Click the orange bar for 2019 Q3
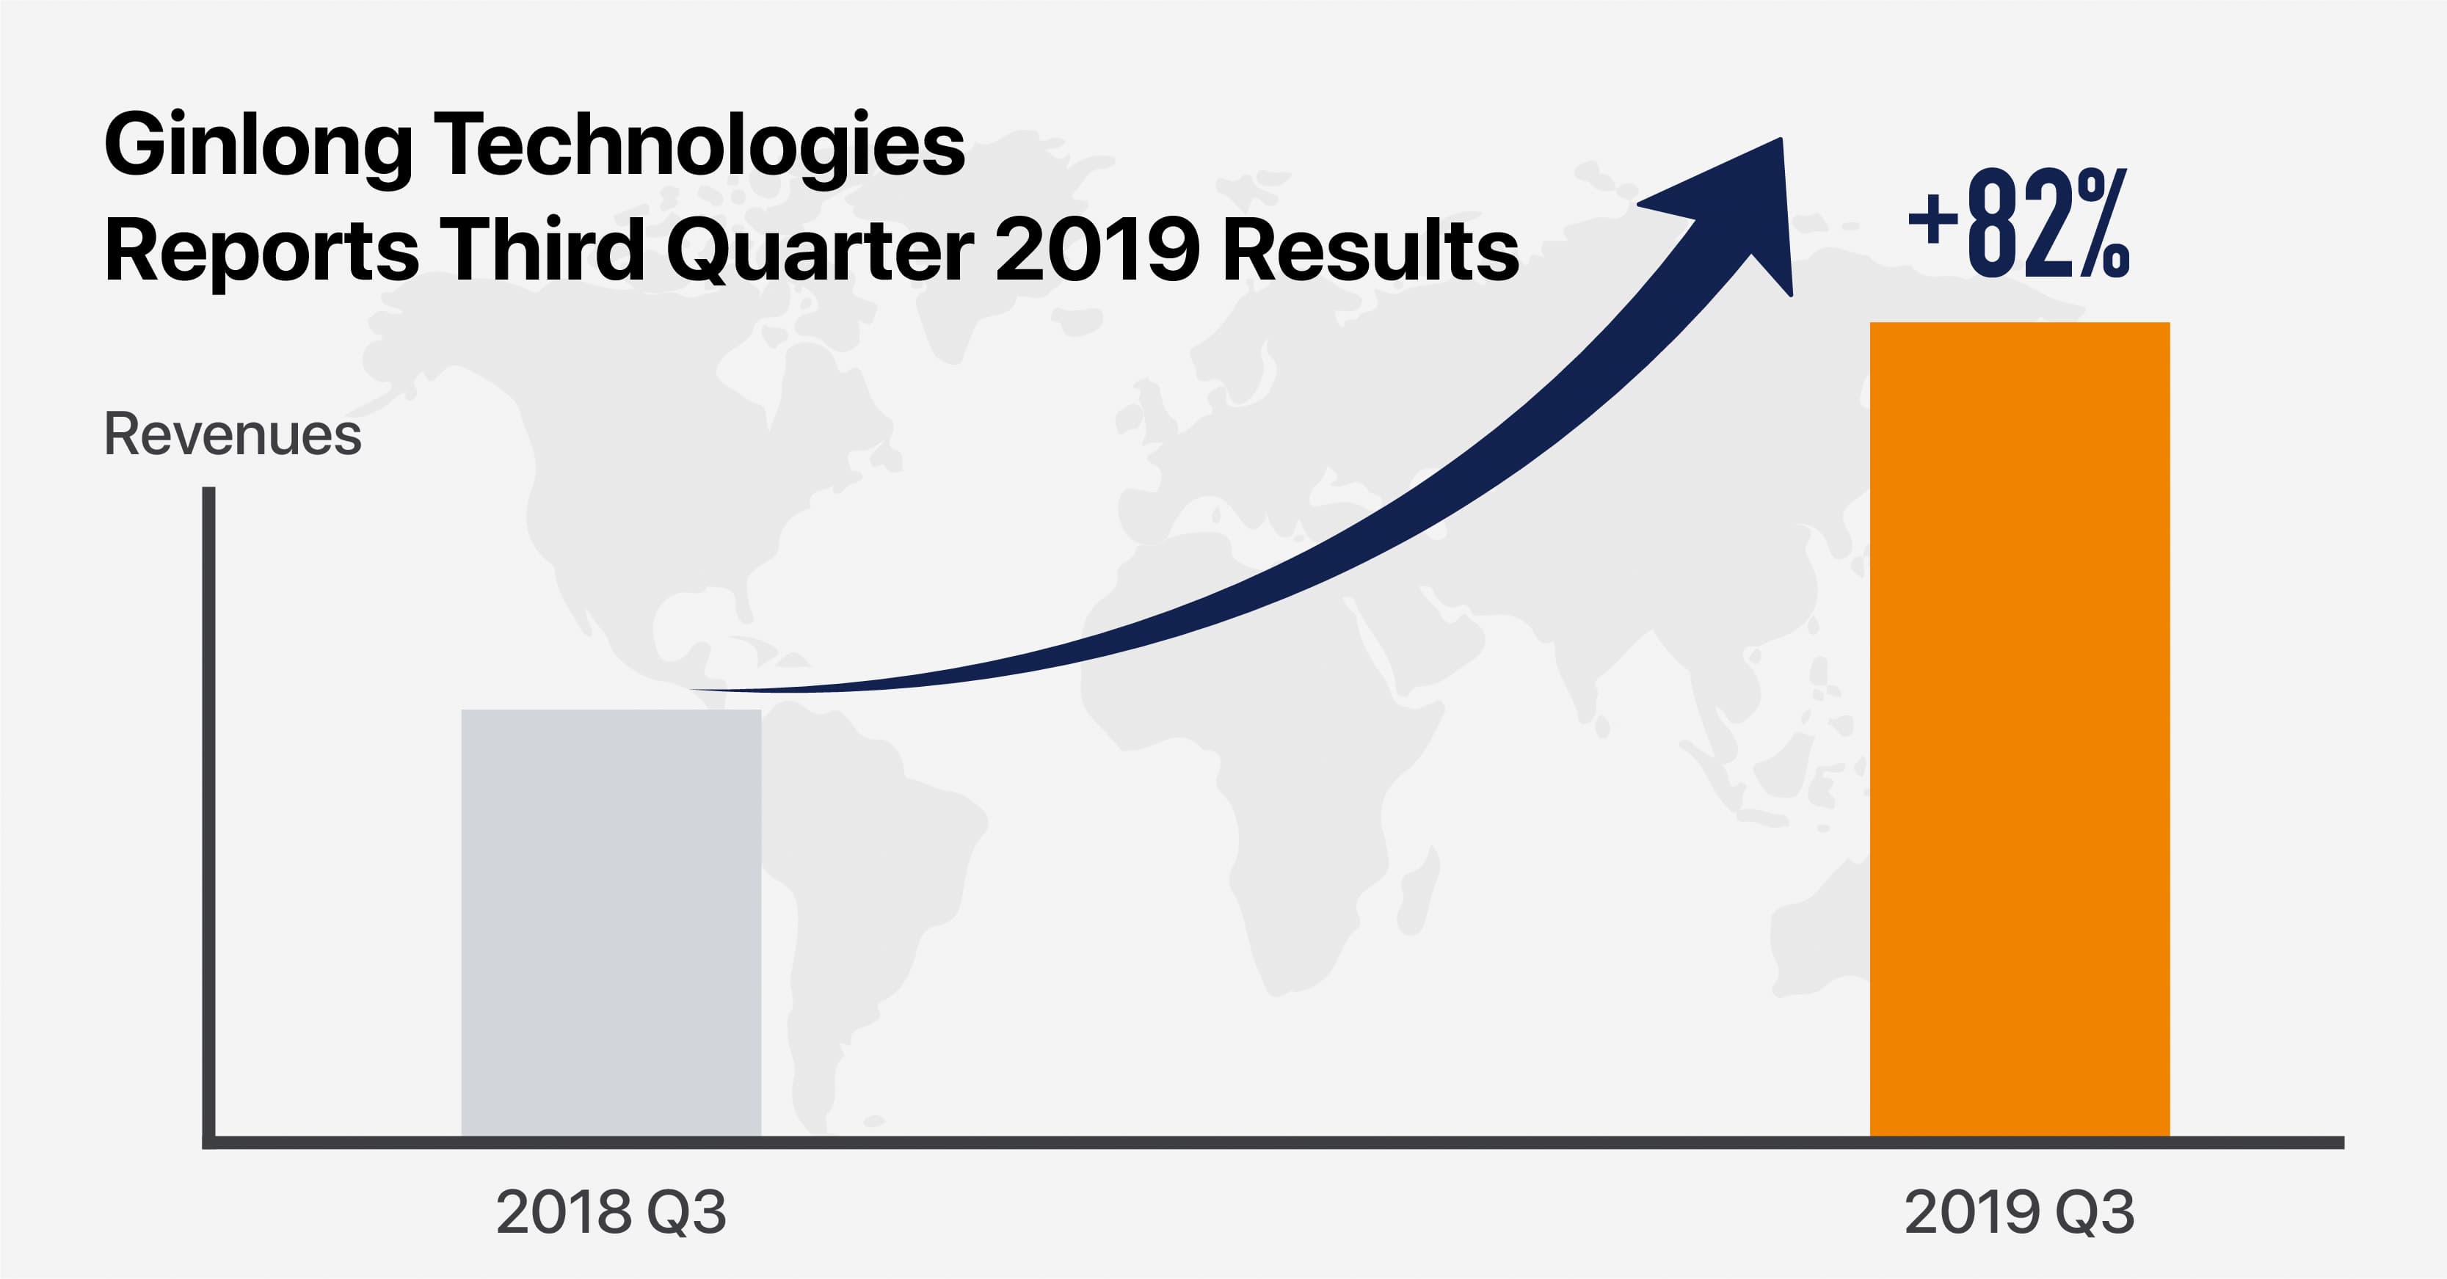(x=2020, y=729)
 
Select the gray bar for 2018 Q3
(x=611, y=923)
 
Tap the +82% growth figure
(x=2018, y=225)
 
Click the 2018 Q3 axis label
(x=611, y=1212)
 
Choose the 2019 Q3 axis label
(x=2020, y=1212)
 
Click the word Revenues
(x=233, y=435)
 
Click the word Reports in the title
(x=262, y=252)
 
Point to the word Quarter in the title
(x=820, y=251)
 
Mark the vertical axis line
(x=209, y=817)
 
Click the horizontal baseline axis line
(x=1273, y=1143)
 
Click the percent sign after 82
(x=2103, y=225)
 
